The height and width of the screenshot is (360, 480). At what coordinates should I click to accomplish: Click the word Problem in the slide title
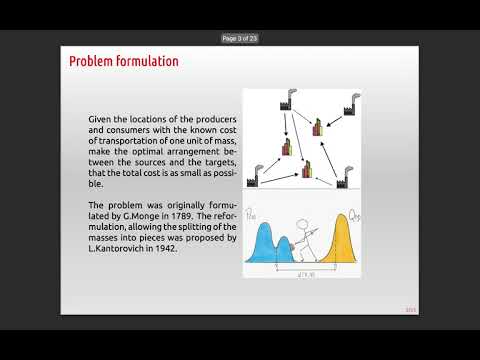pos(90,62)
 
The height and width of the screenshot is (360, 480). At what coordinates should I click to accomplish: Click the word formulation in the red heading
pos(146,62)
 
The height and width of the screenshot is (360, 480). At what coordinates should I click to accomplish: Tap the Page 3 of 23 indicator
pos(240,38)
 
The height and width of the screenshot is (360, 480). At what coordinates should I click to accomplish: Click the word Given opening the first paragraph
pos(102,119)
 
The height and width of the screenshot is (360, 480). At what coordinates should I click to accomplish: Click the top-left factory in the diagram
pos(258,102)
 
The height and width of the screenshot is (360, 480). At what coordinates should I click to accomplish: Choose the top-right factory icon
pos(349,105)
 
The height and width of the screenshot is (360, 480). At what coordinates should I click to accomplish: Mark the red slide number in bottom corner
pos(410,308)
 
